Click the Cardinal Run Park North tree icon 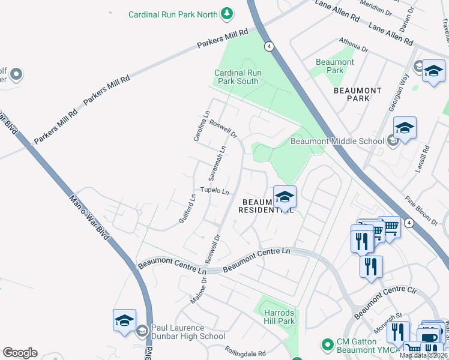pos(226,13)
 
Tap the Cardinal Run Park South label pos(238,77)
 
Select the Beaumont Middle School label pos(337,142)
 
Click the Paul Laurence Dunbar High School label pos(187,332)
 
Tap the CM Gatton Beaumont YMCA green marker pos(327,344)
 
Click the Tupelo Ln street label pos(215,191)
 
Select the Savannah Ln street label pos(216,164)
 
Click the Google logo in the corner pos(20,353)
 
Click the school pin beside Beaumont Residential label pos(285,197)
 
